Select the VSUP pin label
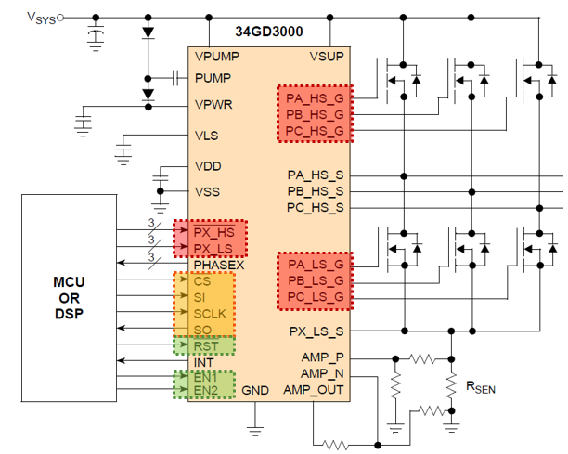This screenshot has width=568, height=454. point(327,57)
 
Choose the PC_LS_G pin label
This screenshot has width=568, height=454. point(315,297)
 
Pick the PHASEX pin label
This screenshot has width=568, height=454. point(219,264)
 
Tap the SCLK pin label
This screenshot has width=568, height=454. point(211,313)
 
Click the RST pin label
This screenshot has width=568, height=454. point(207,346)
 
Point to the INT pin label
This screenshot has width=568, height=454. point(204,361)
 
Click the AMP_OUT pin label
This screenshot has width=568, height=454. point(314,390)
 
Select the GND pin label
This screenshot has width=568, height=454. point(255,391)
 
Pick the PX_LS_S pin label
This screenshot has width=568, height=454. point(316,331)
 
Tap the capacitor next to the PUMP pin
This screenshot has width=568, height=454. point(174,78)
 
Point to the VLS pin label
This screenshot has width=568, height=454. point(206,136)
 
